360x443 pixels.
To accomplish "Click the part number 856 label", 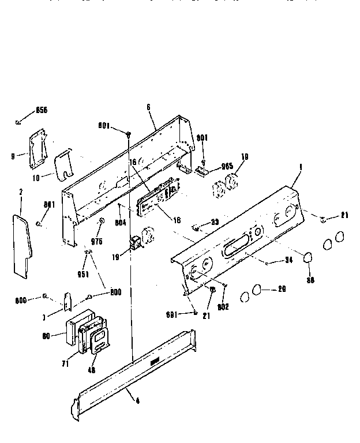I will coord(42,110).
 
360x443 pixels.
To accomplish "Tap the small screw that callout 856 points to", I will coord(18,121).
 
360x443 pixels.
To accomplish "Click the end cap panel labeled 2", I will coord(21,242).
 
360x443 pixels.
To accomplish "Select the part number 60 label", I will coord(47,336).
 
